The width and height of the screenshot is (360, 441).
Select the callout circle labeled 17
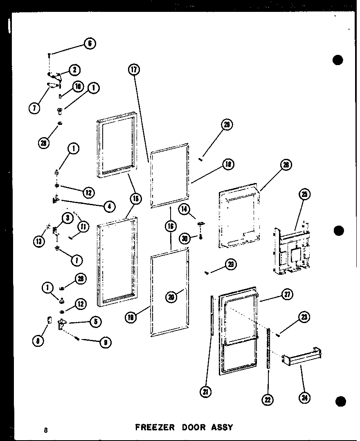click(134, 70)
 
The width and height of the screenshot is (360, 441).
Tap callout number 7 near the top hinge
click(35, 109)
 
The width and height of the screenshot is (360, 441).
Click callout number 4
click(109, 206)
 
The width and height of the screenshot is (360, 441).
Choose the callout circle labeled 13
click(38, 242)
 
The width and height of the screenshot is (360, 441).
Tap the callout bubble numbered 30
click(185, 238)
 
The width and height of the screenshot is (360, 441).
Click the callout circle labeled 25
click(304, 194)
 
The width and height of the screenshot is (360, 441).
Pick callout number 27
click(288, 294)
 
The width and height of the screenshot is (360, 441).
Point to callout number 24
click(304, 396)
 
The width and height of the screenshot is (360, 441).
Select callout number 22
click(268, 399)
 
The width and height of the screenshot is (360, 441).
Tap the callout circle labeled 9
click(106, 343)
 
